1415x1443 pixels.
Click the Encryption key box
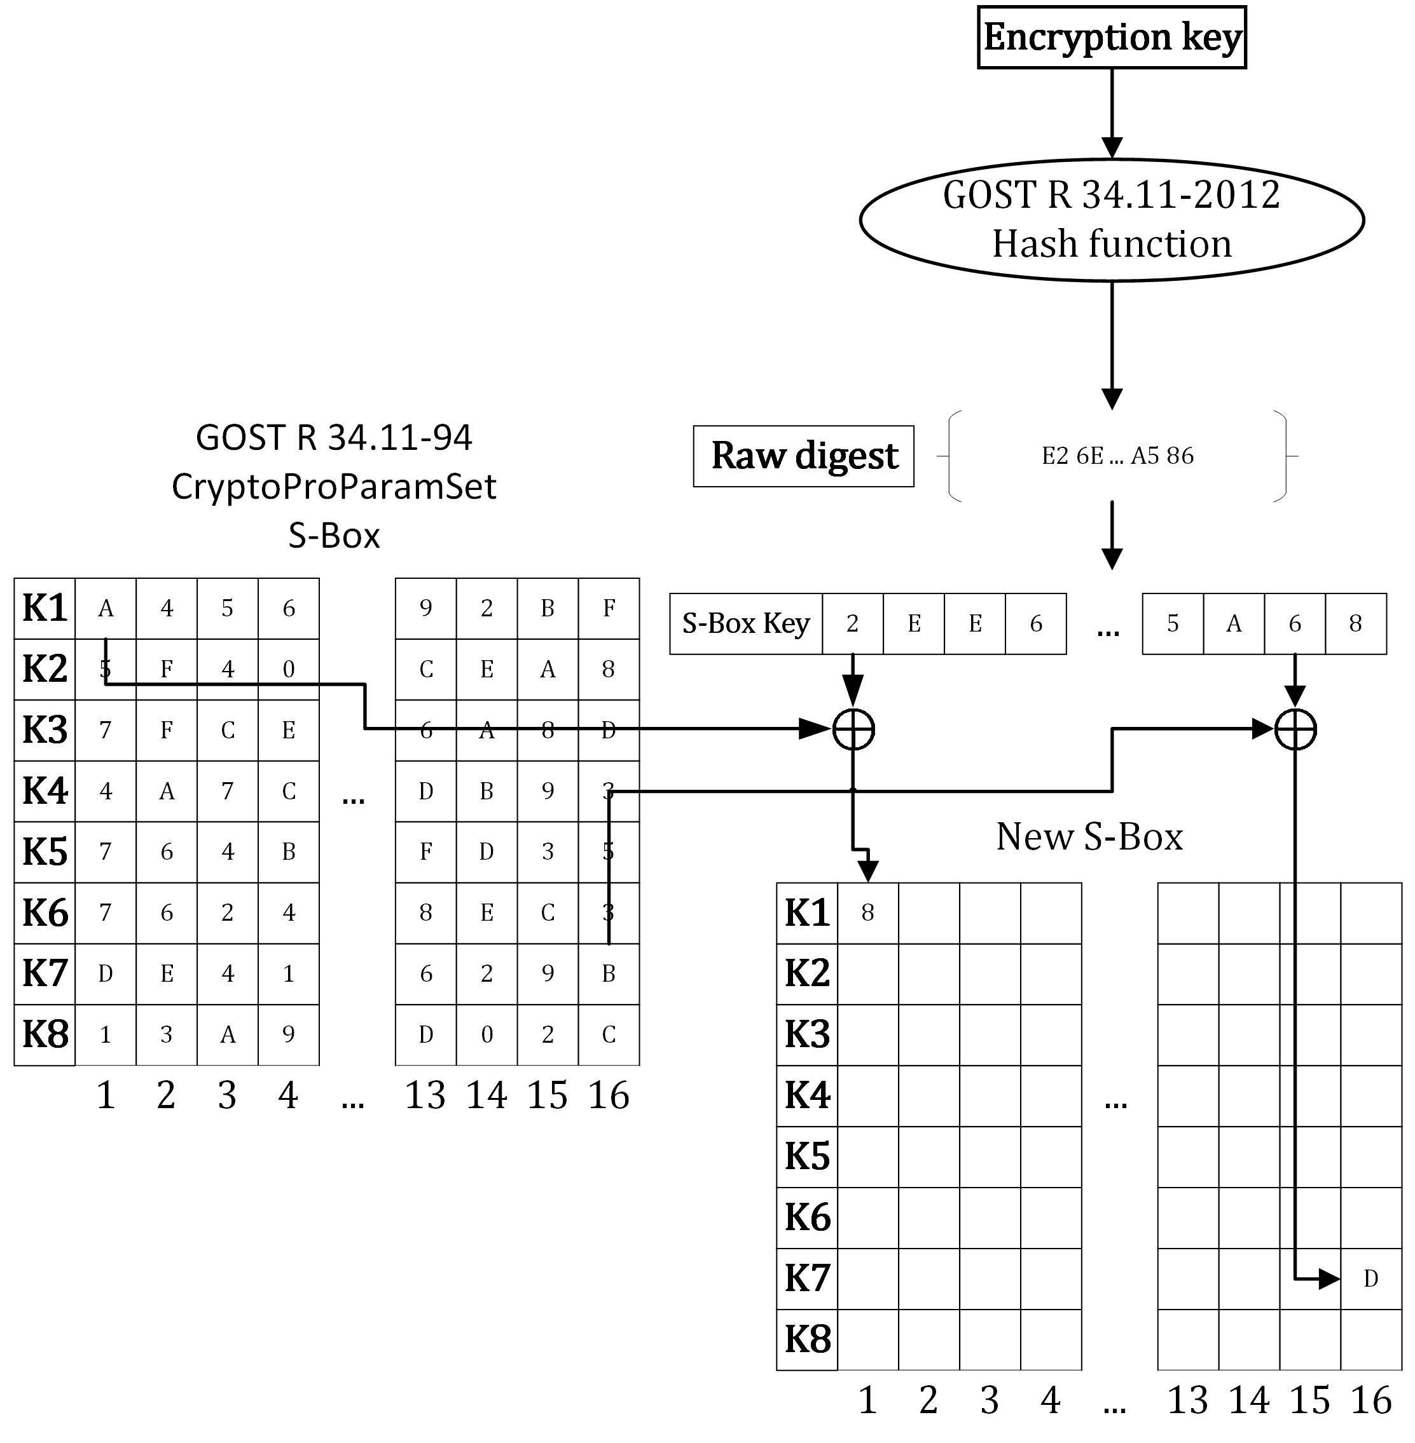pos(1111,37)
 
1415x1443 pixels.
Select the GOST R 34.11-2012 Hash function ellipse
pos(1111,220)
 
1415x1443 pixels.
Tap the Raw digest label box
pos(803,456)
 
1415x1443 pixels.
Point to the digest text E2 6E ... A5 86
pos(1117,456)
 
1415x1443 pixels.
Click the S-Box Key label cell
pos(745,624)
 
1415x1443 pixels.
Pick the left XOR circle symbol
pos(853,729)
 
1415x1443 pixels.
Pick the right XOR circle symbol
pos(1295,729)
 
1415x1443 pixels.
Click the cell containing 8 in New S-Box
pos(867,912)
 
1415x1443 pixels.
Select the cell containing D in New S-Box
pos(1371,1278)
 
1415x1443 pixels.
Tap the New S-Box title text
pos(1089,837)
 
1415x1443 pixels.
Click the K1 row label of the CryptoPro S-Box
pos(45,608)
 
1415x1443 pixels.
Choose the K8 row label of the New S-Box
pos(807,1339)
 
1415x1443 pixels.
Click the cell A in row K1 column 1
pos(106,608)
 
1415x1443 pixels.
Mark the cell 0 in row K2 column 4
pos(288,669)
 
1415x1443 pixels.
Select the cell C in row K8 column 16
pos(609,1034)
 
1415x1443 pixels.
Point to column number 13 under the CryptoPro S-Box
pos(425,1095)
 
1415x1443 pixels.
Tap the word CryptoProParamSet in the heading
pos(334,487)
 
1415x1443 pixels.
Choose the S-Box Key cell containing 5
pos(1173,624)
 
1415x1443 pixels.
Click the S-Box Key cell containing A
pos(1234,624)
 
